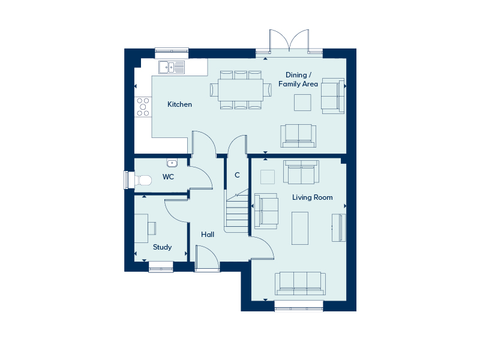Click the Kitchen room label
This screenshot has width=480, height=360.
(x=179, y=104)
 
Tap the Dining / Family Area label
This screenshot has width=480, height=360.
(x=298, y=79)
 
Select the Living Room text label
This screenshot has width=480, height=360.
(x=312, y=197)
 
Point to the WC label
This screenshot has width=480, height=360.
(x=168, y=176)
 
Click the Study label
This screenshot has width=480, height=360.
(x=162, y=247)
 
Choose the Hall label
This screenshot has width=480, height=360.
(x=208, y=235)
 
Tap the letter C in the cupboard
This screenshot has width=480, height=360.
(x=237, y=175)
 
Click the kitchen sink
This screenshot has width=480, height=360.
(x=172, y=67)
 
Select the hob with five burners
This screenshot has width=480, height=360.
(x=143, y=107)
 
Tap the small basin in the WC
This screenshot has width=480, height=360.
(x=172, y=163)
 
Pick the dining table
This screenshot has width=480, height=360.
(x=241, y=90)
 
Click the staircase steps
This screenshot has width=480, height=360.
(x=237, y=211)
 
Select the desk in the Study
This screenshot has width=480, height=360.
(x=141, y=229)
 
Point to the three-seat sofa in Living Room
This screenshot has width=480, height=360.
(x=300, y=283)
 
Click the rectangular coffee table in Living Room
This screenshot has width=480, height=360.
(x=300, y=229)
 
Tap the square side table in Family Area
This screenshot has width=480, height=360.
(x=302, y=102)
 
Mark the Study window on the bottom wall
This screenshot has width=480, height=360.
(x=161, y=266)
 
